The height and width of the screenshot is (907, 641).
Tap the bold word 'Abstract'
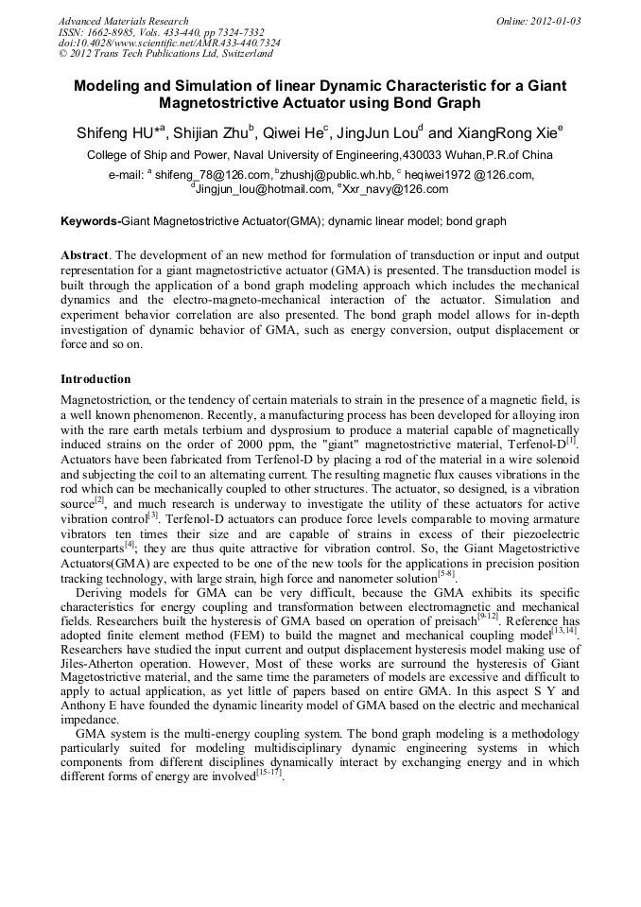tap(84, 256)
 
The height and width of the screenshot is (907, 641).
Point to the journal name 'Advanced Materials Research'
tap(123, 21)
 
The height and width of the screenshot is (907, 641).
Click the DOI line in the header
tap(169, 43)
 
